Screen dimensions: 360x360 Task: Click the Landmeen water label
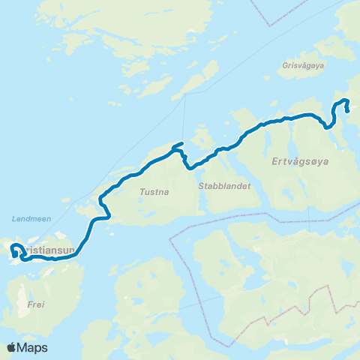[x=31, y=219]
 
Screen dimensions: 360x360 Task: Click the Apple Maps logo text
[x=26, y=347]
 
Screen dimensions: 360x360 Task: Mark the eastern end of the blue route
[x=348, y=111]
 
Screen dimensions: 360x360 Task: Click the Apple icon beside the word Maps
[x=10, y=346]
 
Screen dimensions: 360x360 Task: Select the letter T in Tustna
[x=142, y=192]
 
